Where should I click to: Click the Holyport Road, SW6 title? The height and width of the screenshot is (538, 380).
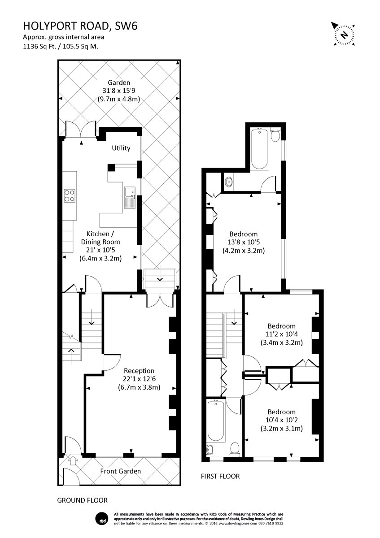tap(80, 26)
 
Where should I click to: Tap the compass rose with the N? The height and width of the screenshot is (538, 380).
tap(345, 35)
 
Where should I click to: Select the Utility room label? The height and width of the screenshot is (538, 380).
tap(121, 148)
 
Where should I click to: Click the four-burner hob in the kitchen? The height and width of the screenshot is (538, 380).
tap(70, 195)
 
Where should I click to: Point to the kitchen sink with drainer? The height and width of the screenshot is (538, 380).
tap(130, 198)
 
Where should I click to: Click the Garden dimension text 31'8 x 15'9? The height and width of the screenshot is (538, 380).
tap(119, 91)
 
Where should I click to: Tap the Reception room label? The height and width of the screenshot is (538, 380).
tap(139, 371)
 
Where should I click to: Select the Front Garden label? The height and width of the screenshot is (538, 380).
tap(120, 471)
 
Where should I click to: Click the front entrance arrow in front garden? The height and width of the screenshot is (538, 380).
tap(73, 460)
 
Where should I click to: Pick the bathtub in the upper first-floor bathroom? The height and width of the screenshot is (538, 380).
tap(259, 149)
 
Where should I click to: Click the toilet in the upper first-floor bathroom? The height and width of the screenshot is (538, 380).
tap(275, 134)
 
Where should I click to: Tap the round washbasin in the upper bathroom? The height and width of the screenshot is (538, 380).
tap(228, 182)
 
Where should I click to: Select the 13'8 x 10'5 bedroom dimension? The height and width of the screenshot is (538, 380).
tap(244, 242)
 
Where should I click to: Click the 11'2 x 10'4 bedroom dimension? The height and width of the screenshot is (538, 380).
tap(281, 334)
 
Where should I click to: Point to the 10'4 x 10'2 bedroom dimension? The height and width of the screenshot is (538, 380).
tap(281, 420)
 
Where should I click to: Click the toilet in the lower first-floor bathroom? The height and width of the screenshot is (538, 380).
tap(234, 449)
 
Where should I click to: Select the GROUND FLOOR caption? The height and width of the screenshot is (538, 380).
tap(83, 500)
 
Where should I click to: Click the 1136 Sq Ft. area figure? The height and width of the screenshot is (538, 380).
tap(40, 46)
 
